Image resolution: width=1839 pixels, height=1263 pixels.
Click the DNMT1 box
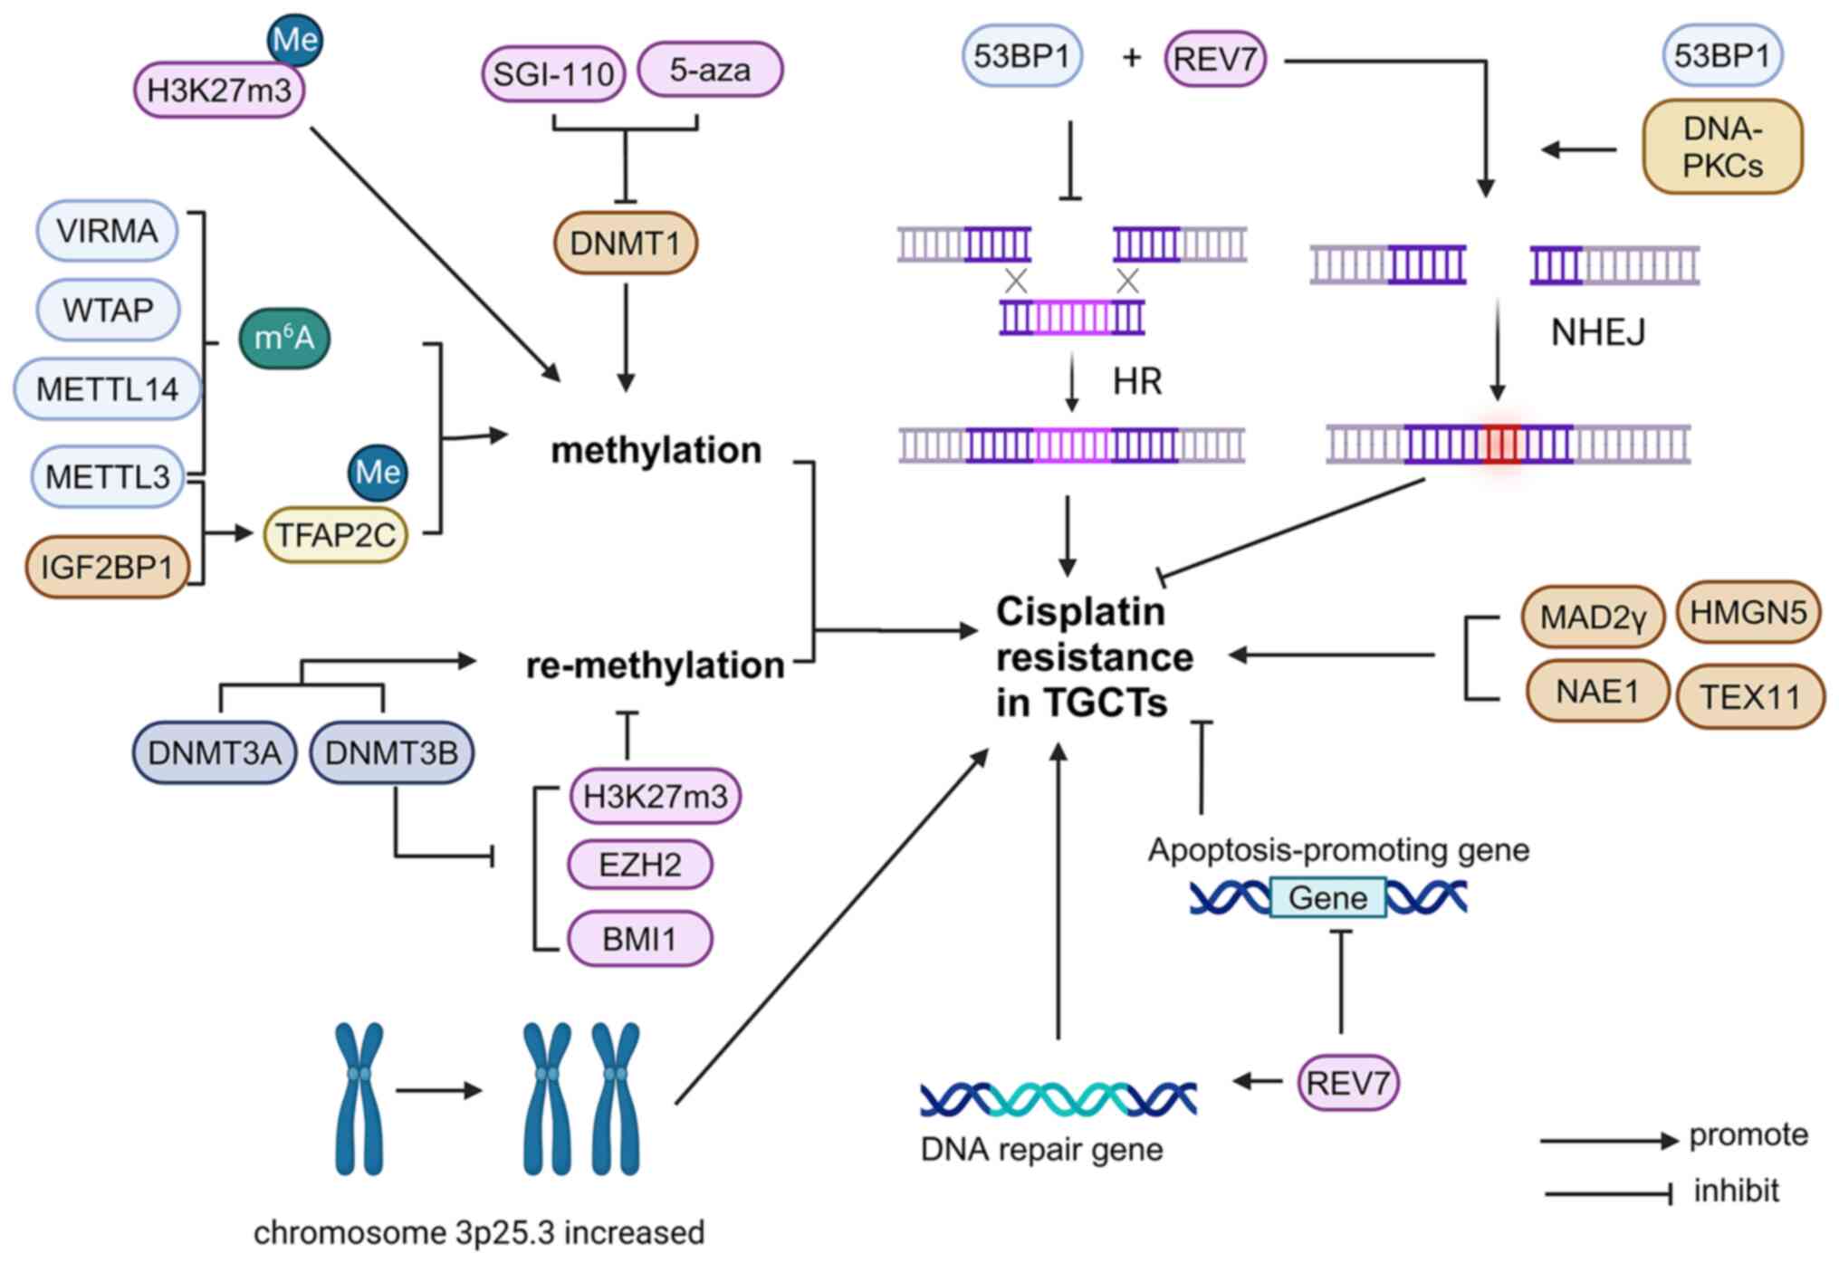pyautogui.click(x=625, y=243)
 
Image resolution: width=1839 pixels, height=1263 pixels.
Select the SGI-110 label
pyautogui.click(x=553, y=73)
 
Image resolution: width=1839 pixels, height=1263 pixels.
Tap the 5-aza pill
pyautogui.click(x=710, y=70)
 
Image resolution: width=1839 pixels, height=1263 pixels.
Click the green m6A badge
pyautogui.click(x=284, y=339)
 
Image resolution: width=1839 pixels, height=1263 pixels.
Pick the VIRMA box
pyautogui.click(x=107, y=231)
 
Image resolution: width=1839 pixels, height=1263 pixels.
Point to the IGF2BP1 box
pyautogui.click(x=107, y=567)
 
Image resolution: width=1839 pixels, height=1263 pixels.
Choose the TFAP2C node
pyautogui.click(x=335, y=534)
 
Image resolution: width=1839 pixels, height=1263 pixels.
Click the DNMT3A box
pyautogui.click(x=215, y=752)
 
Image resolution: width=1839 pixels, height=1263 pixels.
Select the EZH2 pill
pyautogui.click(x=640, y=865)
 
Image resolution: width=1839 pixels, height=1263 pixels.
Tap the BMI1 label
pyautogui.click(x=640, y=939)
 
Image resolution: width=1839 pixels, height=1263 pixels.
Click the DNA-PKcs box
pyautogui.click(x=1722, y=148)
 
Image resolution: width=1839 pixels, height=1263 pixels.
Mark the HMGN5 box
pyautogui.click(x=1748, y=613)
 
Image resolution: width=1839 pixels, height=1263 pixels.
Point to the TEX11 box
pyautogui.click(x=1749, y=696)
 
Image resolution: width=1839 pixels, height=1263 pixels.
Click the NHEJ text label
pyautogui.click(x=1598, y=332)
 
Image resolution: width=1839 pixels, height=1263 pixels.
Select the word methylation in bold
pyautogui.click(x=656, y=450)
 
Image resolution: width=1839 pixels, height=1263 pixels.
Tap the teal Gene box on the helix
pyautogui.click(x=1327, y=897)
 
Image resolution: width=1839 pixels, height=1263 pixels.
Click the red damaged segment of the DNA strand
pyautogui.click(x=1502, y=445)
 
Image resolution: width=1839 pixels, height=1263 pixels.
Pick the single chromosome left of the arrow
pyautogui.click(x=359, y=1098)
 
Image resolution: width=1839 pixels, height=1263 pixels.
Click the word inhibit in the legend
pyautogui.click(x=1736, y=1190)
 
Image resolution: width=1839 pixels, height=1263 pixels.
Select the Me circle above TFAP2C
pyautogui.click(x=378, y=472)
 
